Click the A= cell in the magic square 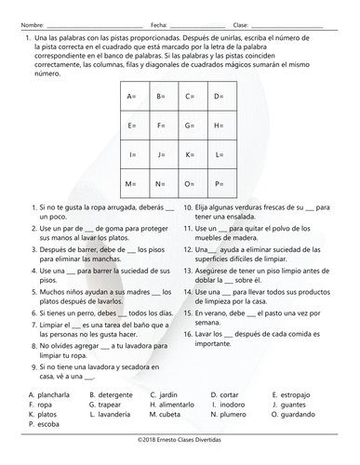131,97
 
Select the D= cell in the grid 219,97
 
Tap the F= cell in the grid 161,126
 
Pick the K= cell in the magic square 190,154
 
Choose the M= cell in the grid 131,183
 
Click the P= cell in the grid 219,183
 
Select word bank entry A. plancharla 52,393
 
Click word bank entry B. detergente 114,393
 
